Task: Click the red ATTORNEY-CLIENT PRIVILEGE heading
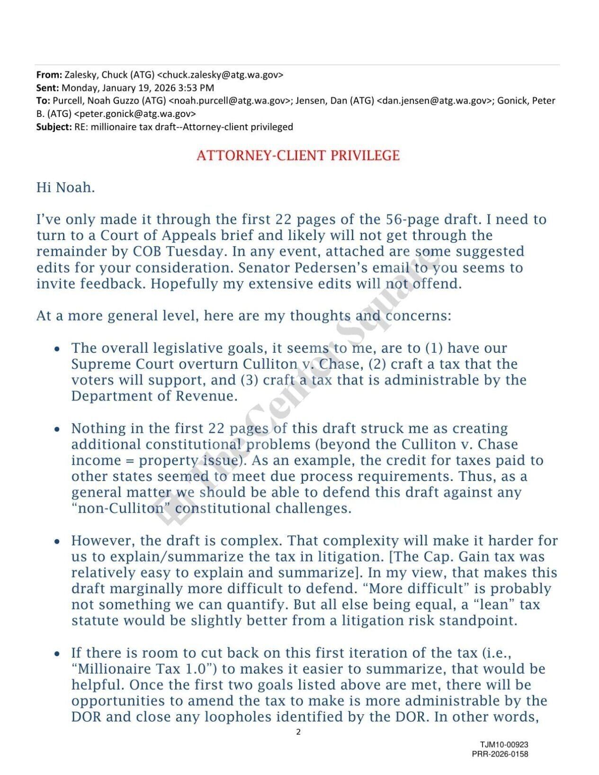point(298,155)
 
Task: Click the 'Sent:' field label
point(48,88)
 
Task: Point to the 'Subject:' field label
point(54,126)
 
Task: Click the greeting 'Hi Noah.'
point(65,187)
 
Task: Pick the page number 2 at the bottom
point(298,731)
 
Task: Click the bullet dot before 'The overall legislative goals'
point(57,349)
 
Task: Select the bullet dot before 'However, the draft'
point(57,541)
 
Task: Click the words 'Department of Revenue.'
point(154,396)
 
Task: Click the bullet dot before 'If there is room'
point(57,654)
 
